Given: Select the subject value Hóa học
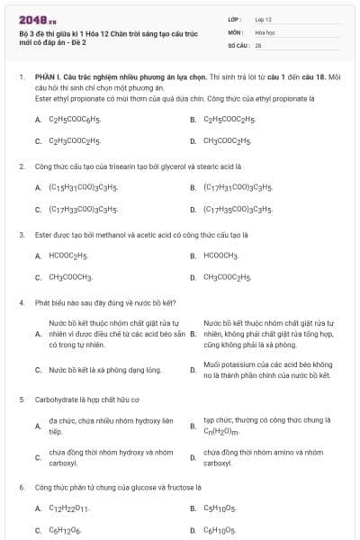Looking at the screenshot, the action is [x=264, y=31].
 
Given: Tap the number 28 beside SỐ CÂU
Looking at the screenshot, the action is [x=258, y=44].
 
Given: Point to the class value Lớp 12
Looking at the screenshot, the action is [x=264, y=19].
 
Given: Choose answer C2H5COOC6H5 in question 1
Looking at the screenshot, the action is [x=74, y=119].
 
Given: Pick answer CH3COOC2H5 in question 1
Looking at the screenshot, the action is [x=228, y=141].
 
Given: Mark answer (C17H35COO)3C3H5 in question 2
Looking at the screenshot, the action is [x=238, y=210].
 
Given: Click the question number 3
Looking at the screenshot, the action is [x=22, y=235].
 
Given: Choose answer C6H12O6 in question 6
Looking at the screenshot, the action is [x=65, y=530].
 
